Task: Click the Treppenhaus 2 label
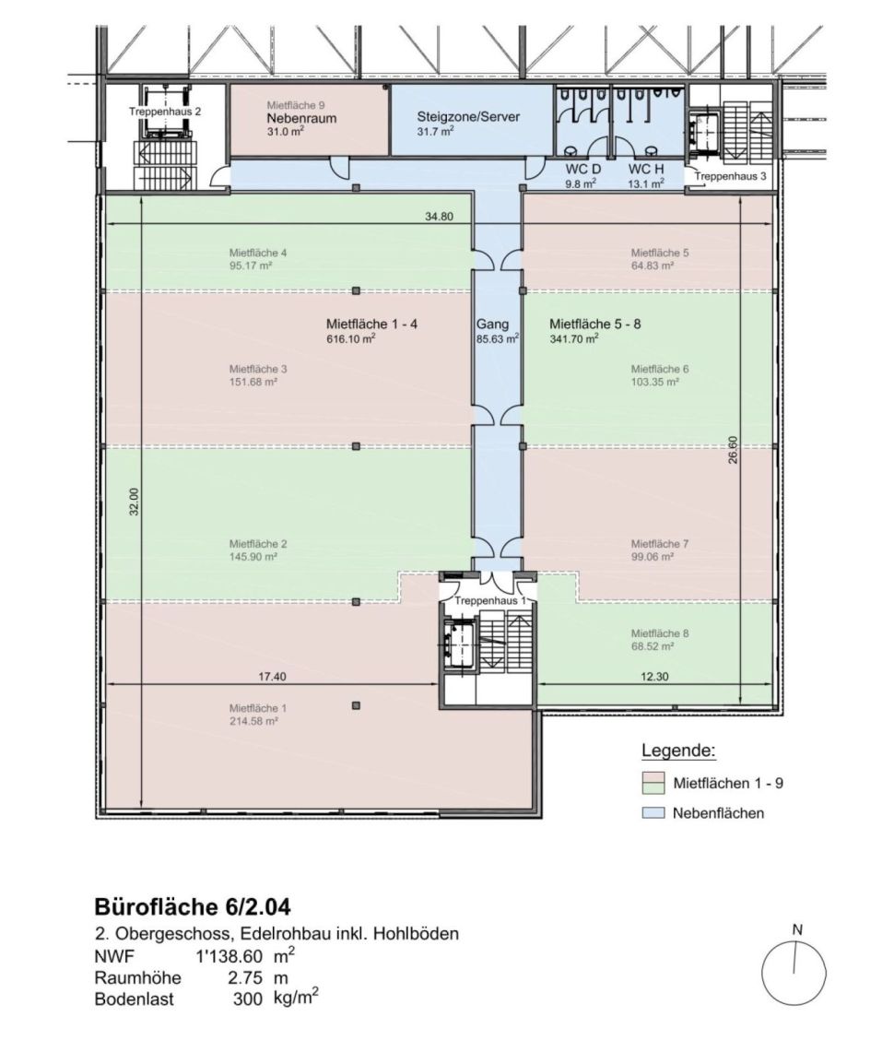pos(165,112)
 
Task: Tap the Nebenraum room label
pos(301,118)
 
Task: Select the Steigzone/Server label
pos(468,117)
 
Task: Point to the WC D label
pos(582,169)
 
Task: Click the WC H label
pos(646,169)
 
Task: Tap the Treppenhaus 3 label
pos(730,176)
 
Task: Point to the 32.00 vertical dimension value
pos(135,502)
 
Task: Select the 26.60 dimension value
pos(733,450)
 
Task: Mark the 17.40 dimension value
pos(272,677)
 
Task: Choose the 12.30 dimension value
pos(654,677)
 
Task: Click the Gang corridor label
pos(492,325)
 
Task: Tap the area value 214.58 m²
pos(253,721)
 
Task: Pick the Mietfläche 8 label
pos(660,633)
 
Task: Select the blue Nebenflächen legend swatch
pos(653,813)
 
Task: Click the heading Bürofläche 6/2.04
pos(193,907)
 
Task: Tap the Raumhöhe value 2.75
pos(245,977)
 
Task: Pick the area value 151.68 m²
pos(253,382)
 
